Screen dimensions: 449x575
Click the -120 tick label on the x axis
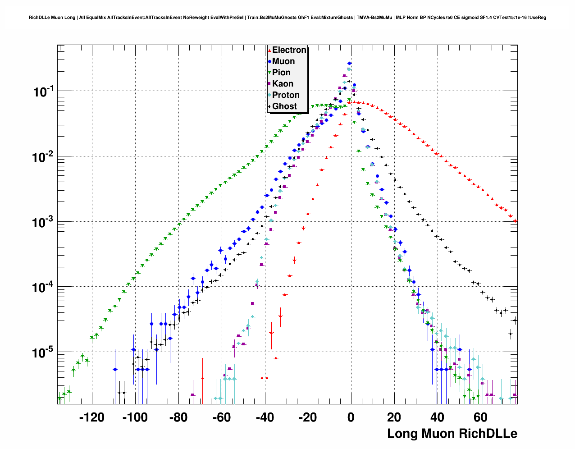(91, 417)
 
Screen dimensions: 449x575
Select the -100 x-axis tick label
(135, 417)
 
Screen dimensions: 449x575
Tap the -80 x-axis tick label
(178, 417)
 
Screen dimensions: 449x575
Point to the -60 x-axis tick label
(221, 417)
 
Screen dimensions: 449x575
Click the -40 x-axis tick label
(265, 417)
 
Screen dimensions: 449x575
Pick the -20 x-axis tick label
(308, 417)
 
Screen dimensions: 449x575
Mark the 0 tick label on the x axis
(351, 417)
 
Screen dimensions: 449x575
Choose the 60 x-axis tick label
(481, 417)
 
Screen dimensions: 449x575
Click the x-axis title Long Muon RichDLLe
(452, 434)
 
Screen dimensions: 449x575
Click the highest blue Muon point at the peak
(349, 64)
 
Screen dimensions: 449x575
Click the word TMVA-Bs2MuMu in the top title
(374, 18)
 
